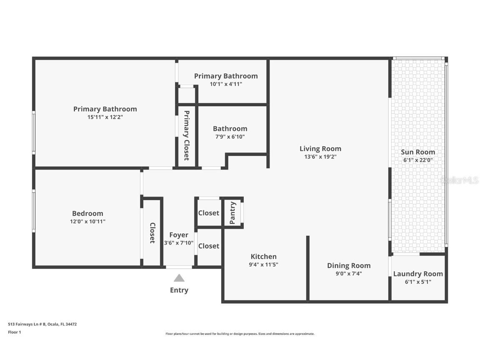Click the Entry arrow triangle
[179, 278]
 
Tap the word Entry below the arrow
[179, 290]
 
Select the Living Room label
[320, 149]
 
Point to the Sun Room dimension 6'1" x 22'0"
[418, 160]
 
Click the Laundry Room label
[418, 274]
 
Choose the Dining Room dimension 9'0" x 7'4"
[349, 274]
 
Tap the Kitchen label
[263, 257]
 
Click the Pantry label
[232, 213]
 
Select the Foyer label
[178, 235]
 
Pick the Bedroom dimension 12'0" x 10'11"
[87, 222]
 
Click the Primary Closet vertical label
[186, 135]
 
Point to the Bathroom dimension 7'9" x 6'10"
[230, 137]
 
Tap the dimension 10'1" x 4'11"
[226, 84]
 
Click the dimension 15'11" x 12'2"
[105, 117]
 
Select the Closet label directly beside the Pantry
[208, 213]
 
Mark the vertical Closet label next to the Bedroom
[152, 233]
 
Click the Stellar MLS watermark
[460, 180]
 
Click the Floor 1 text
[14, 332]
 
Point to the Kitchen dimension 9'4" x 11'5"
[263, 264]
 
